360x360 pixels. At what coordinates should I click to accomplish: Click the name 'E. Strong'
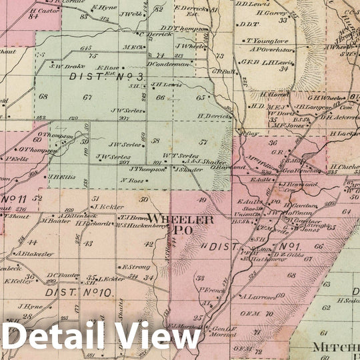pos(136,267)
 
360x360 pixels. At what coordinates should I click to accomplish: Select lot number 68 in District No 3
pos(43,97)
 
